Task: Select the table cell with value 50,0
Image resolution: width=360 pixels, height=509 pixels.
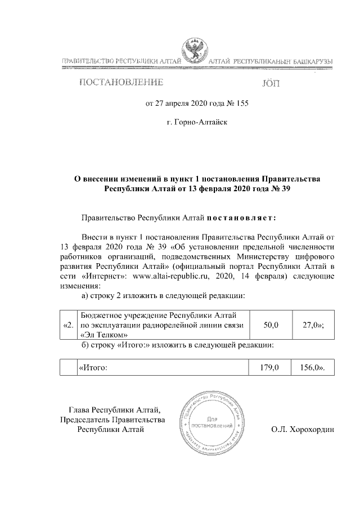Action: (x=268, y=325)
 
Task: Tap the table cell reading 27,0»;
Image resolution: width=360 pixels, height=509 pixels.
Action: (x=313, y=325)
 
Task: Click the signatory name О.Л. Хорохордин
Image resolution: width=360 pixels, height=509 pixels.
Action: (x=302, y=430)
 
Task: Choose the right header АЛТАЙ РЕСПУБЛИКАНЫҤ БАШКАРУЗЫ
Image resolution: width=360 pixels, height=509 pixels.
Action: (x=271, y=60)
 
